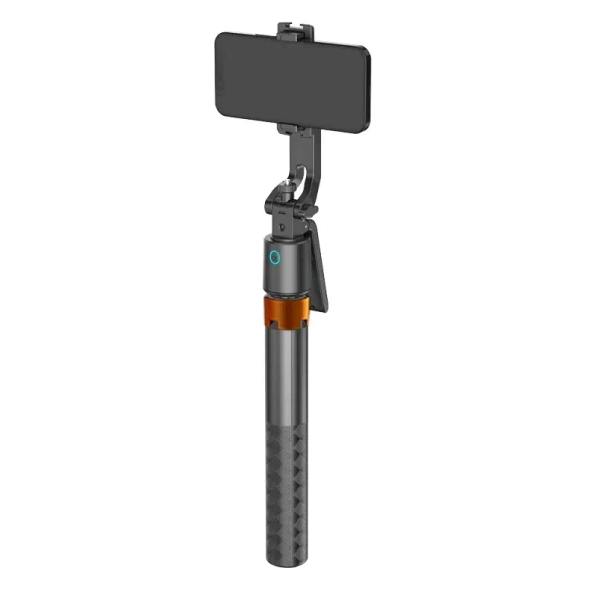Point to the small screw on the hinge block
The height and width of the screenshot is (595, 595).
coord(282,226)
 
